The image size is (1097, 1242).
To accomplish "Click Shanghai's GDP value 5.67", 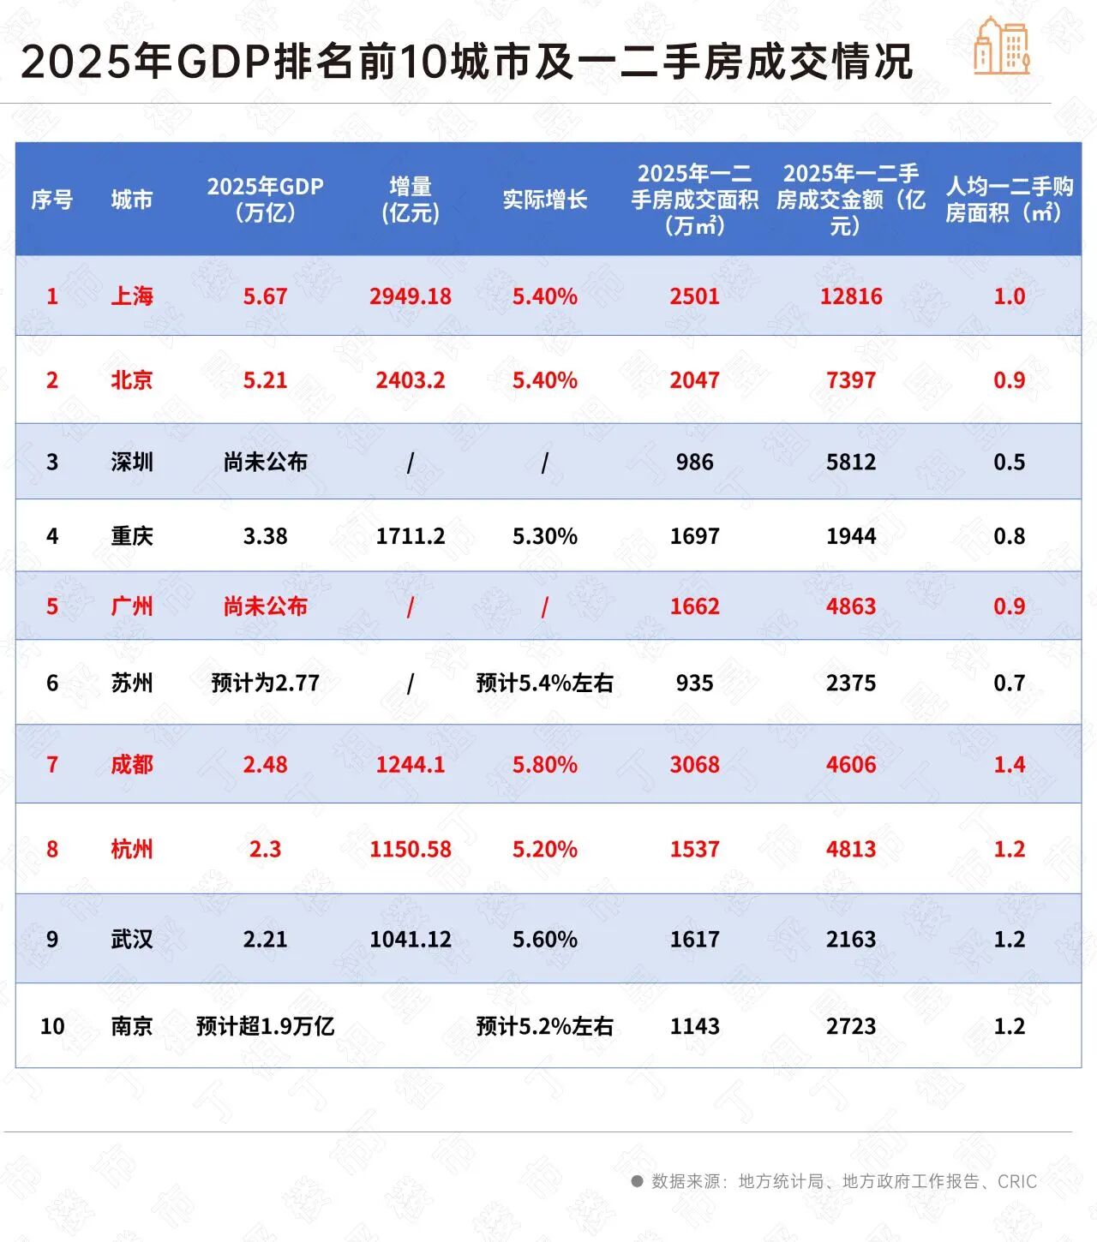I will (x=265, y=296).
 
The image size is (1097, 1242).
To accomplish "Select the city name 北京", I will (x=132, y=380).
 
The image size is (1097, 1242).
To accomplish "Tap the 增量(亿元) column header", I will (x=410, y=200).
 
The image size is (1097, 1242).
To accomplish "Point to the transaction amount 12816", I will (x=850, y=296).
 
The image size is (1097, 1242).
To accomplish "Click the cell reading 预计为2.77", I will (x=265, y=683).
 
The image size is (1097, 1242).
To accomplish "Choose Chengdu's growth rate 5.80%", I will (x=544, y=764).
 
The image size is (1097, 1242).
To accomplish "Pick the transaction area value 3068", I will (x=694, y=764).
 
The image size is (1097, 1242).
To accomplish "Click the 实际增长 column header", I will (x=544, y=200).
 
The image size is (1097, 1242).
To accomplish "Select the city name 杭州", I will (x=132, y=849).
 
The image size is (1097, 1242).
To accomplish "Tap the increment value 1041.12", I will (x=410, y=939).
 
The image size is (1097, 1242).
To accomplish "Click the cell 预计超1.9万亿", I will (x=265, y=1026).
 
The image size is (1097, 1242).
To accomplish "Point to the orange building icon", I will (x=1001, y=46).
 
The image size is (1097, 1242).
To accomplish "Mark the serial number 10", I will (x=52, y=1026).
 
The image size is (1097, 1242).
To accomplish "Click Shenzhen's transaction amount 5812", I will (x=850, y=463).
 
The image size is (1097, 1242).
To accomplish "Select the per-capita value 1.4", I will (x=1009, y=764).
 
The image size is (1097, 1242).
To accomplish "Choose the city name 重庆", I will (x=132, y=536).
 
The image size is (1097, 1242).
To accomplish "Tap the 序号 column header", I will (x=52, y=200).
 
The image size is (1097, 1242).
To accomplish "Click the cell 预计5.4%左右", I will (x=544, y=683).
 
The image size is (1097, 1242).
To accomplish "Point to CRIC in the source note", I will (x=1017, y=1181).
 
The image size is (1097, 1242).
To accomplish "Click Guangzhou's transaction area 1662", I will (x=694, y=606).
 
